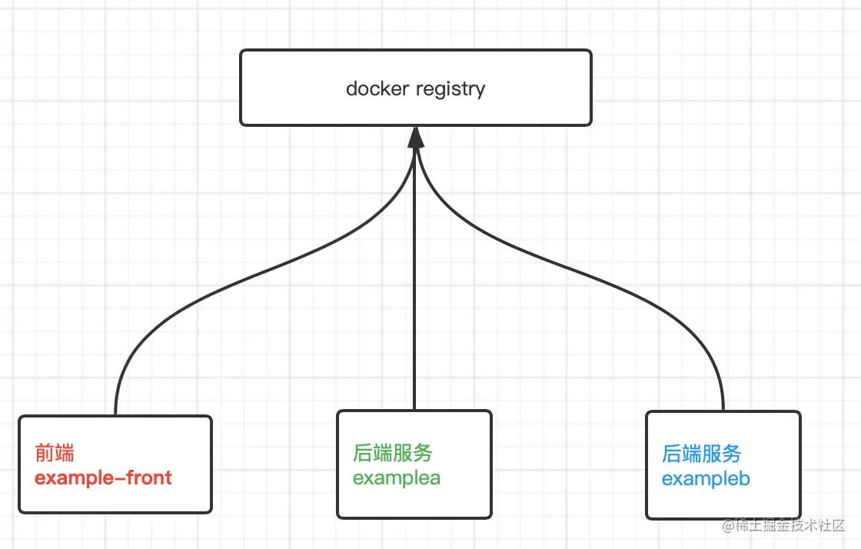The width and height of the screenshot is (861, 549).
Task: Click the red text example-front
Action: pos(103,477)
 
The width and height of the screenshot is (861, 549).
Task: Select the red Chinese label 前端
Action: pos(55,453)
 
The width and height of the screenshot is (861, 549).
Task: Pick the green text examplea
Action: pos(396,477)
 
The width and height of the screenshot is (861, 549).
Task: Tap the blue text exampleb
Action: pos(706,479)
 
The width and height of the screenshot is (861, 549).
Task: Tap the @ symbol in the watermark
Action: pos(726,527)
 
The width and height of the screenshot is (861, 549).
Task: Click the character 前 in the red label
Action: pos(45,453)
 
